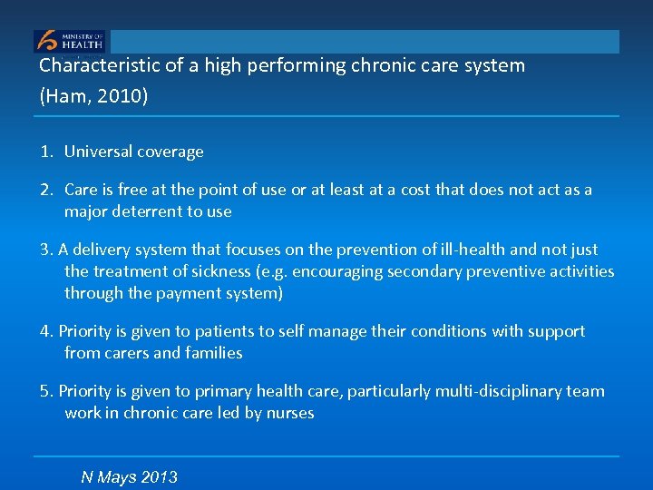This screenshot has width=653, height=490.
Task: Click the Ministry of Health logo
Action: (x=70, y=41)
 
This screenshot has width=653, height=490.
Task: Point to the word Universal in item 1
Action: (x=97, y=152)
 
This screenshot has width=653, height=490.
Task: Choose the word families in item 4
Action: (x=213, y=353)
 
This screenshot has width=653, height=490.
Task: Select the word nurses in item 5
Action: (x=289, y=413)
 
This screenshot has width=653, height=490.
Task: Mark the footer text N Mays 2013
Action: (x=129, y=477)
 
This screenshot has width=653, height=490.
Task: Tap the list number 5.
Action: (x=45, y=391)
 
